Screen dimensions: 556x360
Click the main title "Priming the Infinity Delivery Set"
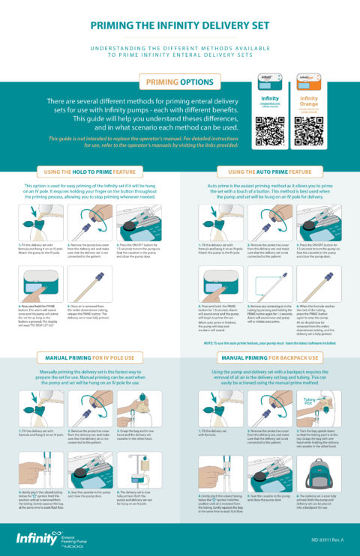coord(180,25)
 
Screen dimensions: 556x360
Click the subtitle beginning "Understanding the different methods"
coord(180,50)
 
